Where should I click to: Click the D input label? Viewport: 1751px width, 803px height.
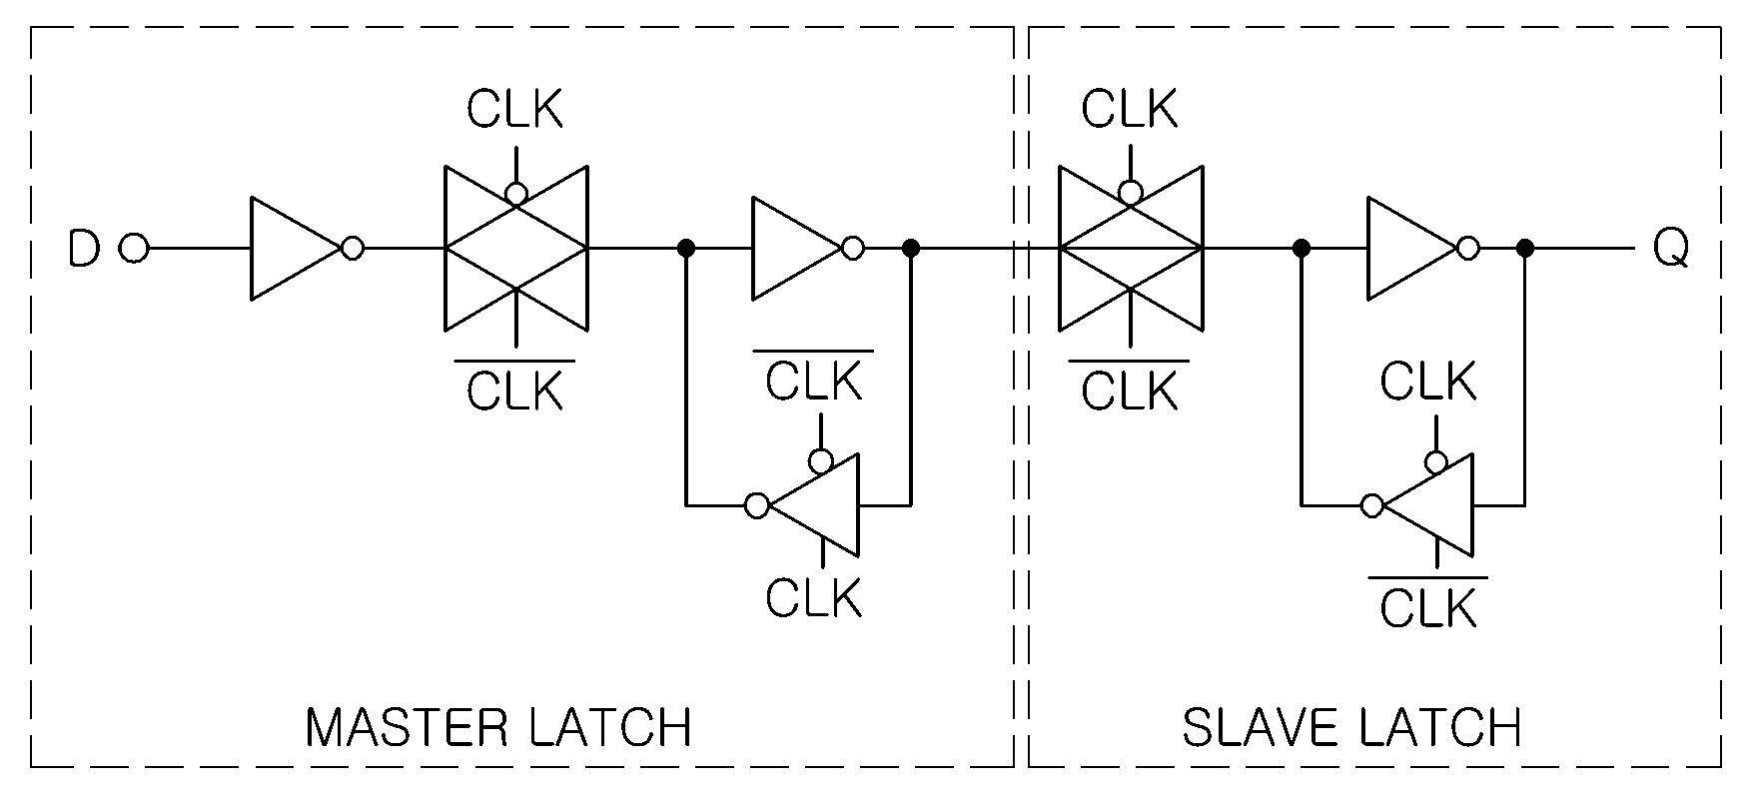click(x=84, y=249)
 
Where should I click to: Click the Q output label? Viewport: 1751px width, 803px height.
click(x=1671, y=249)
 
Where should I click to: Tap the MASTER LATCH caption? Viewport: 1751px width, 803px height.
click(x=498, y=728)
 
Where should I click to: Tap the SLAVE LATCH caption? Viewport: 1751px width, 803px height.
click(x=1351, y=728)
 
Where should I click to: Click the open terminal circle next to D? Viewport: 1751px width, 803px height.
click(x=134, y=249)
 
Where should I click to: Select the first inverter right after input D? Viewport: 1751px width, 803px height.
click(x=306, y=249)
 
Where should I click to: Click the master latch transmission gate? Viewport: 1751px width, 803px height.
click(x=515, y=249)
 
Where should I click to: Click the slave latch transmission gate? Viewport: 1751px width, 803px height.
click(x=1131, y=249)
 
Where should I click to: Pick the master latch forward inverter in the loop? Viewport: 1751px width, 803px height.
click(x=807, y=249)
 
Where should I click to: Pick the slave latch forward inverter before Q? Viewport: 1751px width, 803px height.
click(x=1422, y=249)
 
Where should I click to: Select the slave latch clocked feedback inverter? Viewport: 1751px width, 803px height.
click(x=1417, y=505)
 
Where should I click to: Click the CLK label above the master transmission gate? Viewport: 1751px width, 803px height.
click(x=515, y=109)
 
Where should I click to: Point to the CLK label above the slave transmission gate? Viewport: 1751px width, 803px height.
click(x=1131, y=109)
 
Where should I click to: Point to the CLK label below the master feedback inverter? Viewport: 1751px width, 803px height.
click(x=814, y=598)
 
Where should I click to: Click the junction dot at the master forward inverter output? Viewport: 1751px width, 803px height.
click(x=911, y=249)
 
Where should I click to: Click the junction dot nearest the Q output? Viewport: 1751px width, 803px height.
click(x=1525, y=249)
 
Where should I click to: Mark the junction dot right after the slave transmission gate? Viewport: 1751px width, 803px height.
click(x=1301, y=249)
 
